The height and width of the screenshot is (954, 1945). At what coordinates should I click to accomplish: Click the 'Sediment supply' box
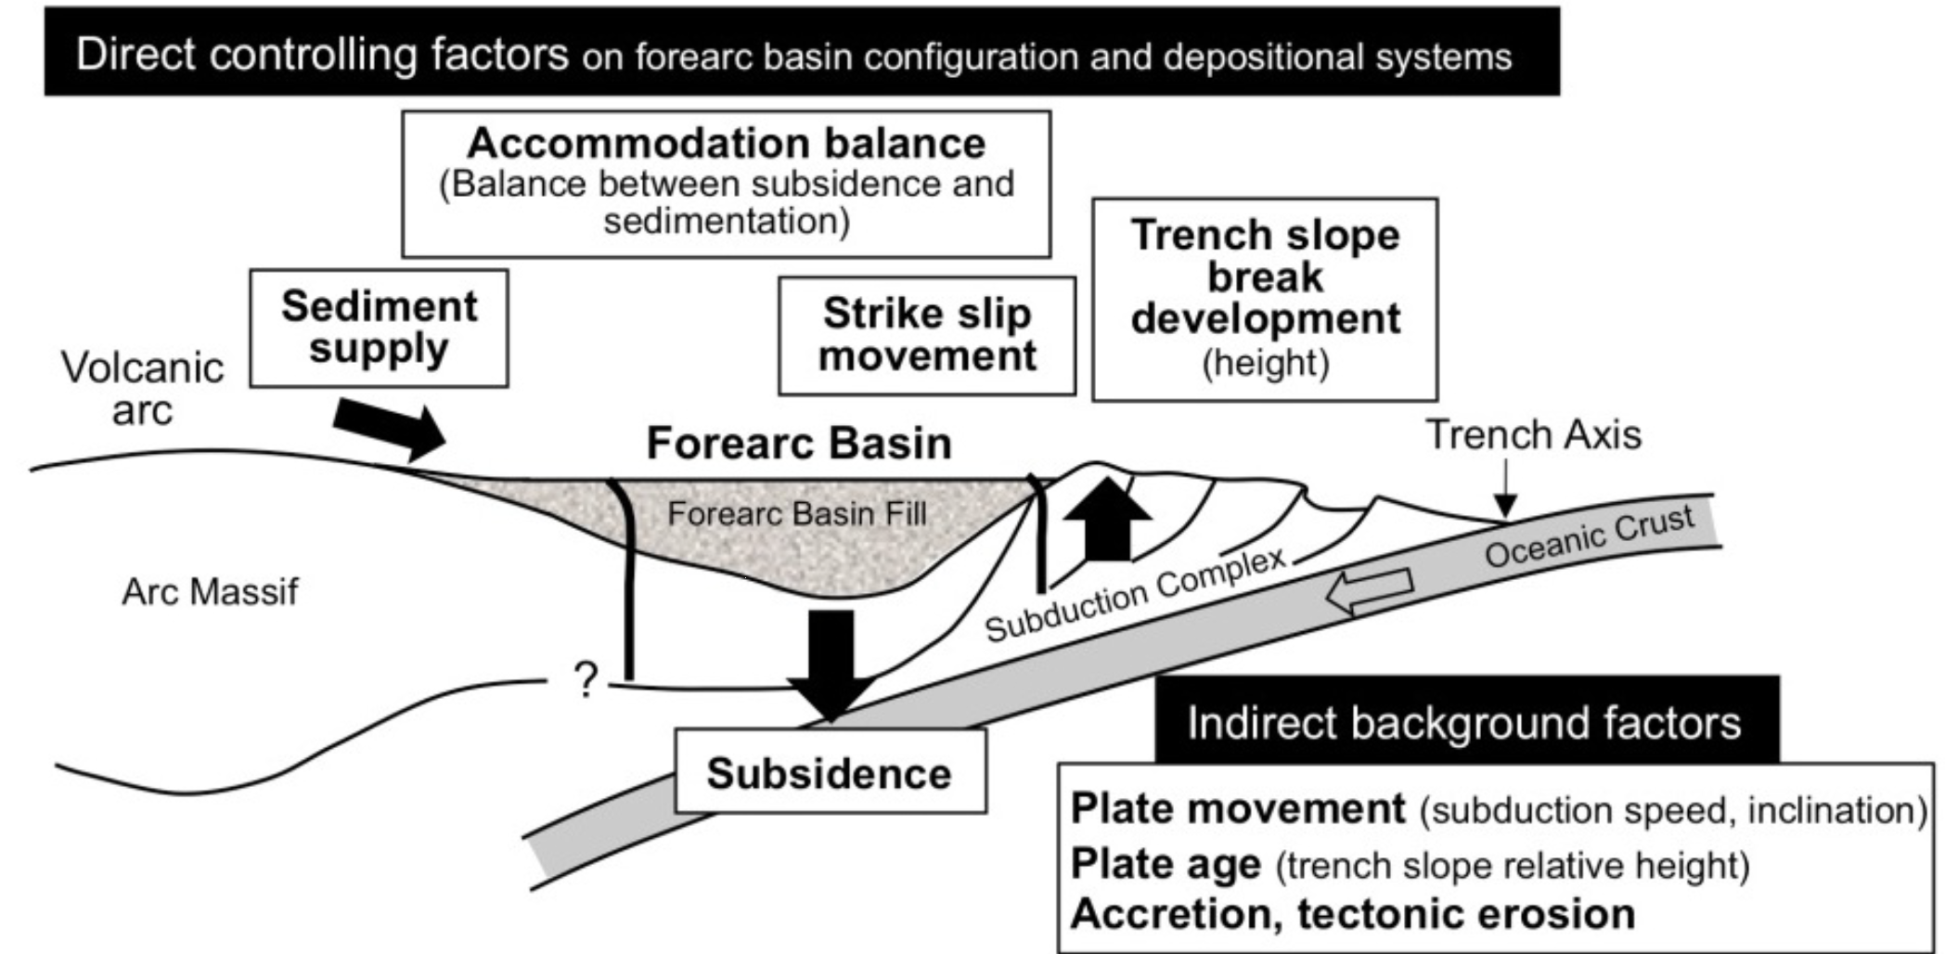tap(379, 328)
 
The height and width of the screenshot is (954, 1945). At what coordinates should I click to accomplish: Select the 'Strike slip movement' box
tap(926, 335)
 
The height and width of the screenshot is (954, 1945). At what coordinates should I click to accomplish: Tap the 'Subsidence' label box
tap(829, 772)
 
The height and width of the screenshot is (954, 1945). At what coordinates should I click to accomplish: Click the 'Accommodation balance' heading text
tap(726, 144)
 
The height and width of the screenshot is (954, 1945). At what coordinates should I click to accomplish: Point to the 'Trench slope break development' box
tap(1264, 299)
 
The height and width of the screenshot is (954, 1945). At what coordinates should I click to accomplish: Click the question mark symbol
tap(586, 680)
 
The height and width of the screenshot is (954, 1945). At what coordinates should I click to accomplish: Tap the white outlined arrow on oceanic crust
tap(1370, 591)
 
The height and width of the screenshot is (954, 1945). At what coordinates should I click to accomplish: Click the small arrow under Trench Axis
tap(1505, 491)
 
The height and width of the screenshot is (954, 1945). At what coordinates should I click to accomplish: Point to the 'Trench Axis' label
tap(1533, 434)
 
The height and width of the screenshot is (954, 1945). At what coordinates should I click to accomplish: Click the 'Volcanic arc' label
tap(142, 388)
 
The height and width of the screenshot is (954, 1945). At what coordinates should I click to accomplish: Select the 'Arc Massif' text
tap(210, 591)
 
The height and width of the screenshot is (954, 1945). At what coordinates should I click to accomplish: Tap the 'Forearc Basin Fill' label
tap(796, 513)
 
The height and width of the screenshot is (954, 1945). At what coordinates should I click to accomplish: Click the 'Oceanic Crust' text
tap(1589, 536)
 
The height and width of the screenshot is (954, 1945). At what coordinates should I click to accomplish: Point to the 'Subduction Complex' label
tap(1134, 595)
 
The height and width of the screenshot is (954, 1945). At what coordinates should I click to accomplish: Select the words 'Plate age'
tap(1166, 864)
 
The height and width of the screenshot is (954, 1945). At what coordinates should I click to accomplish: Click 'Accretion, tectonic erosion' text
tap(1352, 914)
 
